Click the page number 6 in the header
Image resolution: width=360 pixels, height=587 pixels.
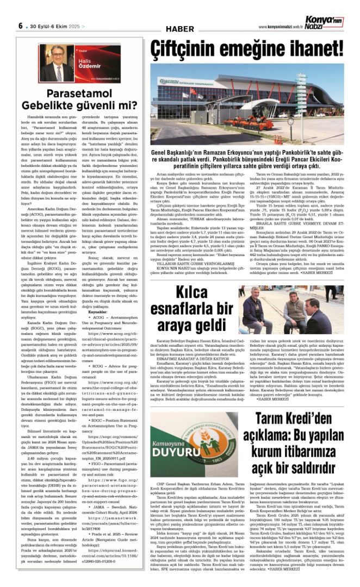(x=20, y=26)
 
